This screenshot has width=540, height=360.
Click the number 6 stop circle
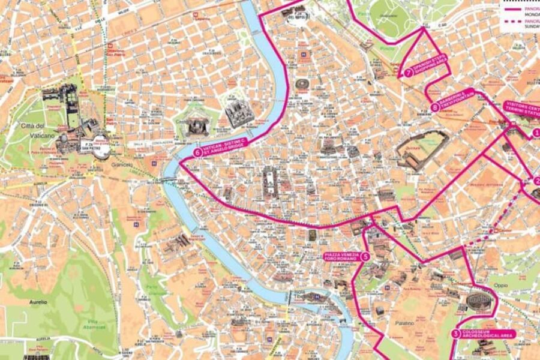point(197,152)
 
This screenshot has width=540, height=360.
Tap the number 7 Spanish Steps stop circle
point(408,73)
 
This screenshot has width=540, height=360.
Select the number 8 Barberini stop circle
point(434,108)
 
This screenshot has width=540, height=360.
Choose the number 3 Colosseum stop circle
point(456,334)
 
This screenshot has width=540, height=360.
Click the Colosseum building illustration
point(480,298)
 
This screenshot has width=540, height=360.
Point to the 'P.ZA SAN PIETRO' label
point(88,146)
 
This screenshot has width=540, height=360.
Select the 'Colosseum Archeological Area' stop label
point(487,334)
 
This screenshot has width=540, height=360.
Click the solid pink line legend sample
point(511,10)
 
